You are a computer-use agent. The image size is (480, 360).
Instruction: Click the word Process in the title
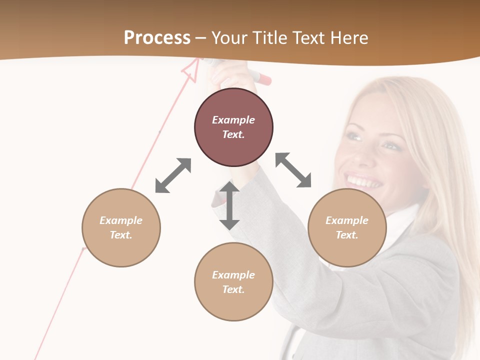click(157, 38)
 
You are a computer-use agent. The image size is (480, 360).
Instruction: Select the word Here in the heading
click(349, 38)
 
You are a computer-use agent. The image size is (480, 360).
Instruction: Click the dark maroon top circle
click(233, 127)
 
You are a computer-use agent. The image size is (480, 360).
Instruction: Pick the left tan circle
click(121, 227)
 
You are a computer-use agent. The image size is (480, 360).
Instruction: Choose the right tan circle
click(347, 227)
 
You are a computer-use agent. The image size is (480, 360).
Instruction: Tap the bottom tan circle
click(233, 282)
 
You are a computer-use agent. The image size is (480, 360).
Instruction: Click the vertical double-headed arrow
click(229, 205)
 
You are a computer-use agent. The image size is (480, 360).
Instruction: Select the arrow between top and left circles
click(173, 175)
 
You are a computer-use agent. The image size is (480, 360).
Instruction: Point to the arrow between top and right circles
click(293, 170)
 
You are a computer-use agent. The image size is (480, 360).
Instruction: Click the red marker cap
click(263, 78)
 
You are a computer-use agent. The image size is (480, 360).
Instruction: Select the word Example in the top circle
click(233, 120)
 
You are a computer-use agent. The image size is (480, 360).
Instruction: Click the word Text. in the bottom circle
click(233, 289)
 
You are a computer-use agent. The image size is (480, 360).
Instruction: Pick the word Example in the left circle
click(121, 220)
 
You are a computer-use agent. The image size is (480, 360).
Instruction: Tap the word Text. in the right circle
click(347, 235)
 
